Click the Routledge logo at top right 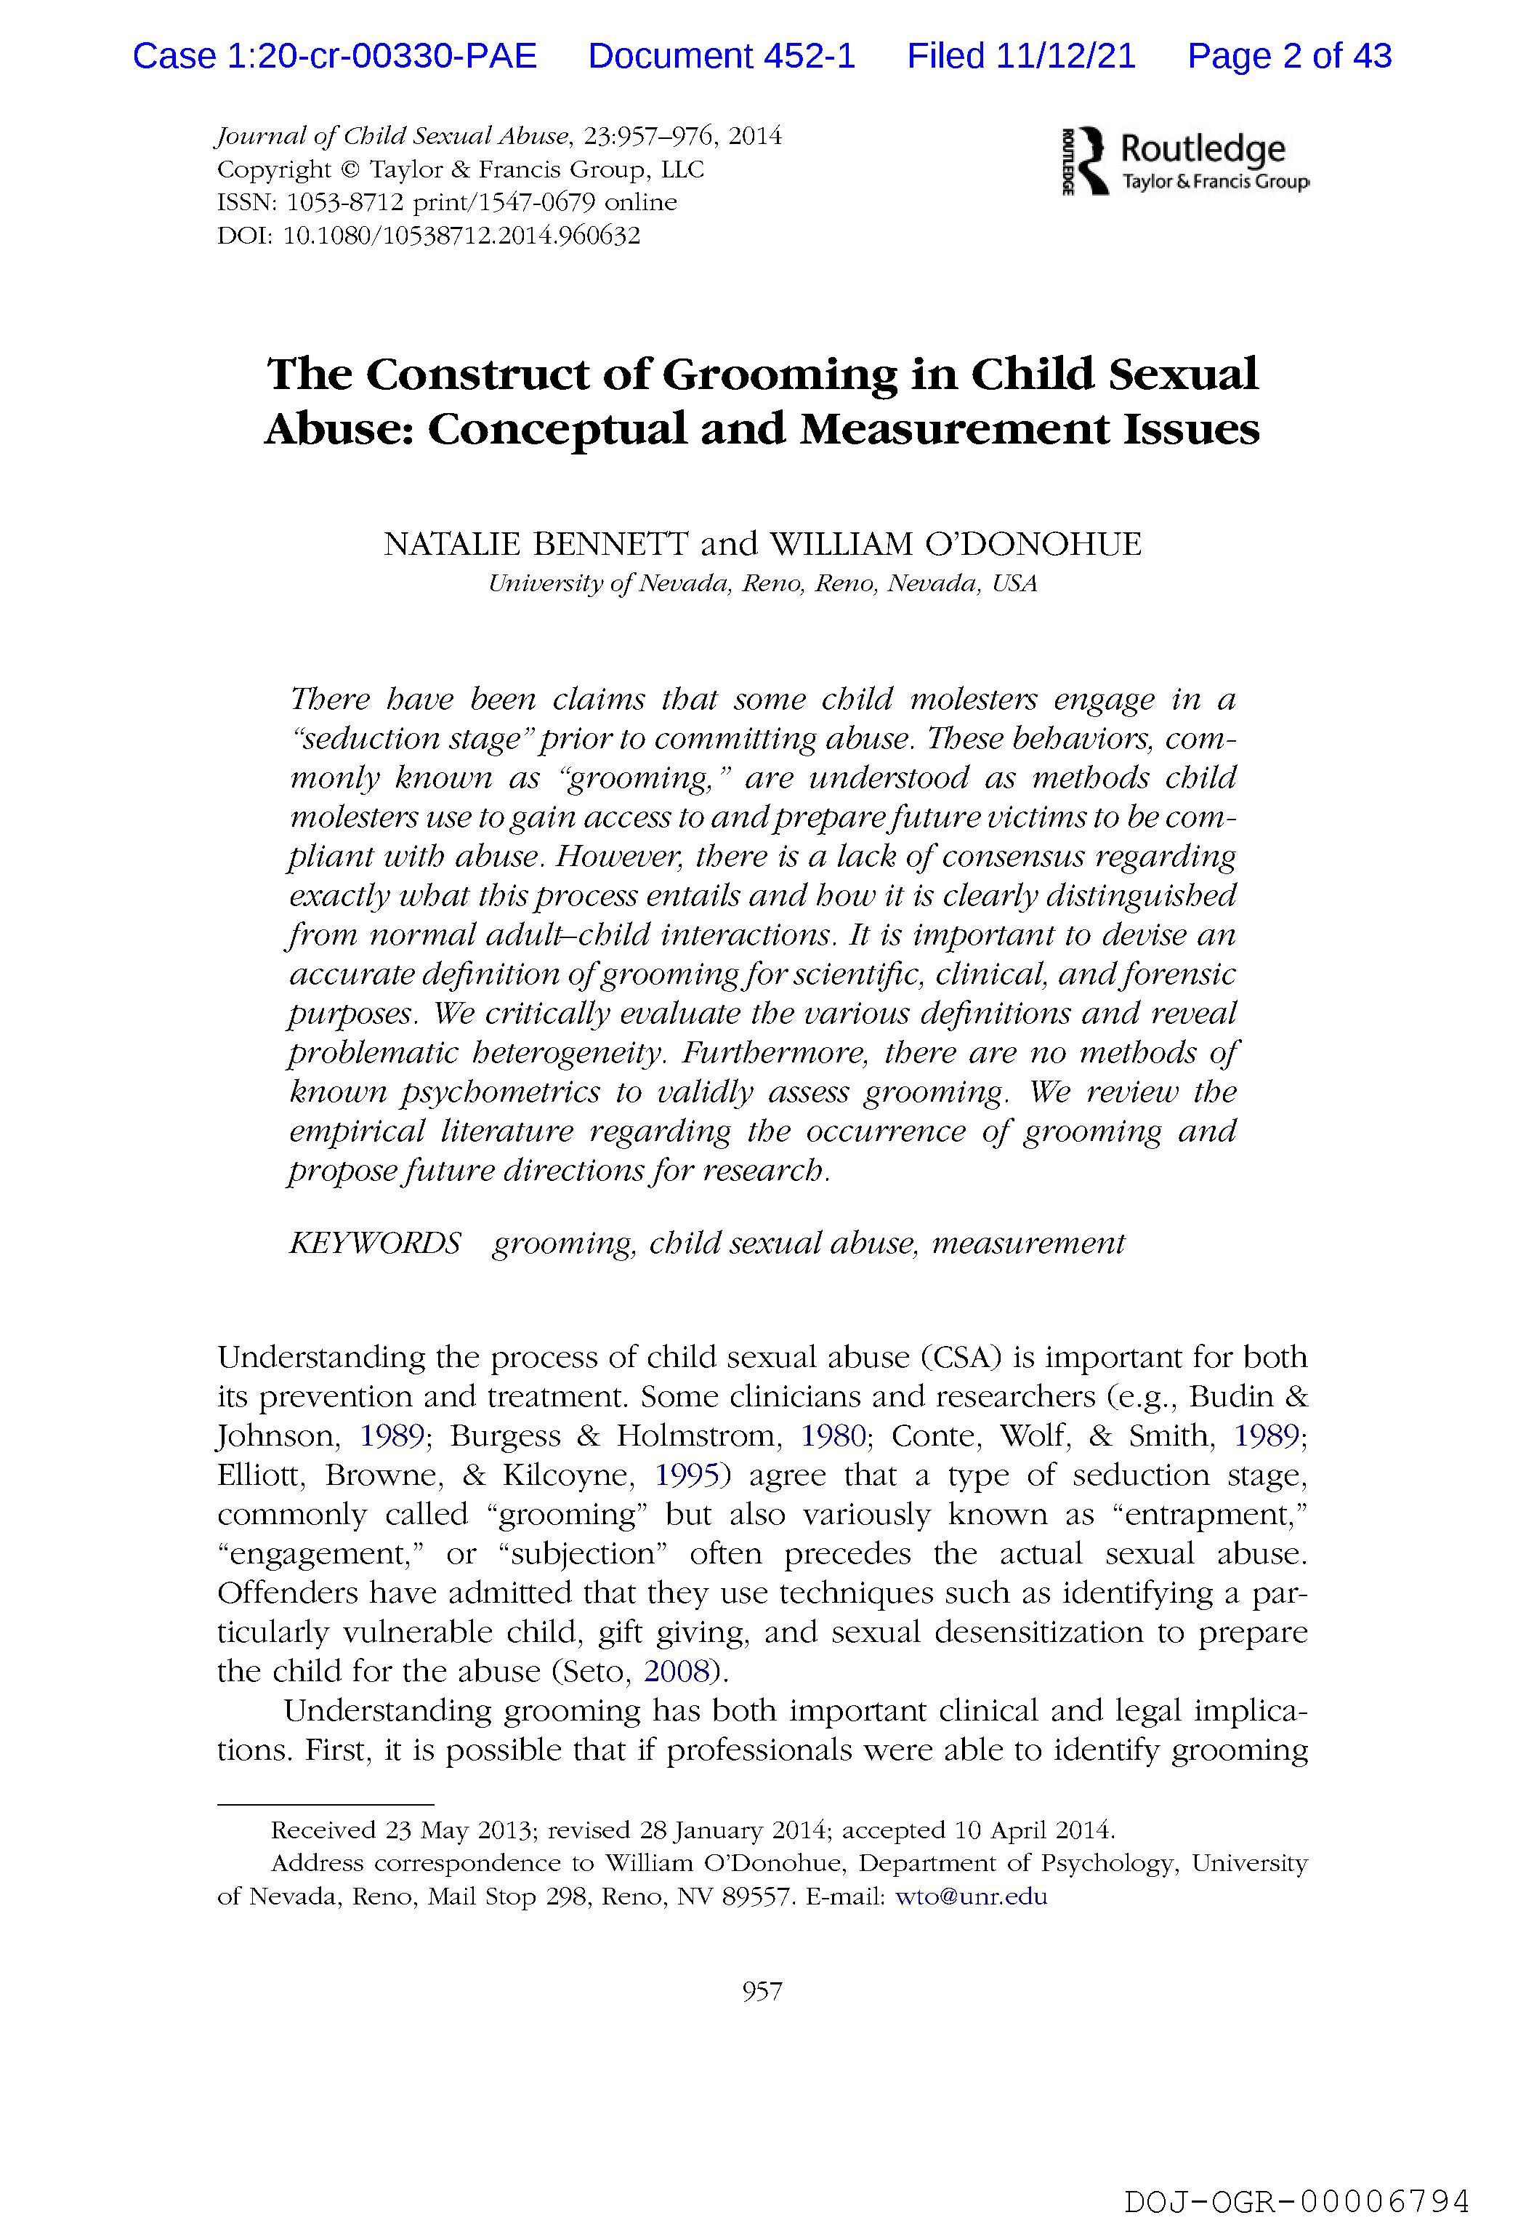coord(1186,161)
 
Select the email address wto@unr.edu coord(971,1896)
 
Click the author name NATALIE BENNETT coord(536,544)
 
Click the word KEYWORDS coord(375,1243)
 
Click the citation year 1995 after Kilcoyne coord(687,1475)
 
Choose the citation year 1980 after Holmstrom coord(833,1435)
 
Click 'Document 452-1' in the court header coord(722,57)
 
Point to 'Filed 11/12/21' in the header coord(1021,57)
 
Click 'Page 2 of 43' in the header coord(1289,57)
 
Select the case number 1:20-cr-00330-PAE coord(382,57)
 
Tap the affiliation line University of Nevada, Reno coord(762,583)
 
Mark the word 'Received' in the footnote coord(323,1830)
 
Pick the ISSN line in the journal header coord(446,203)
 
